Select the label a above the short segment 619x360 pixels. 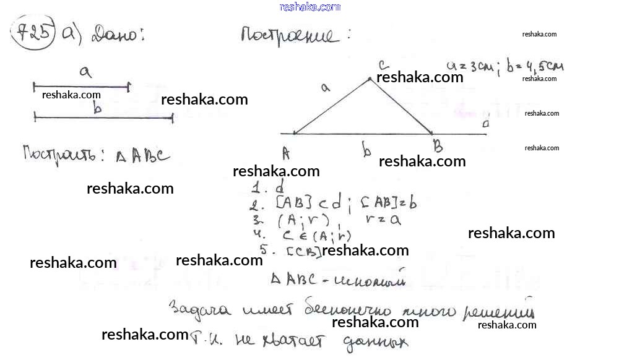tap(85, 72)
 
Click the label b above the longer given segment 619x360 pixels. tap(97, 109)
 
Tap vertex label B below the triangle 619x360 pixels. tap(438, 147)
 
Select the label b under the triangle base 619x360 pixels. tap(366, 150)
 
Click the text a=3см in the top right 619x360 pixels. tap(470, 66)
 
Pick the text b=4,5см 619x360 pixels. tap(534, 66)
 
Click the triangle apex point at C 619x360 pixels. tap(370, 79)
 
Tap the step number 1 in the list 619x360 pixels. tap(256, 189)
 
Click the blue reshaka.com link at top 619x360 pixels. tap(309, 7)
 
